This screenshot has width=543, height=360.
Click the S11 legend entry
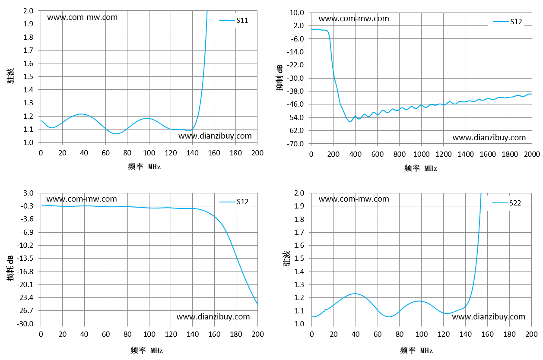[x=234, y=20]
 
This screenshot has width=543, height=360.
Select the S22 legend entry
[x=506, y=203]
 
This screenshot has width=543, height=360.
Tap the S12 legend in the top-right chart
[x=508, y=22]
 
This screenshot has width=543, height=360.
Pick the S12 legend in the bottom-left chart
[x=234, y=202]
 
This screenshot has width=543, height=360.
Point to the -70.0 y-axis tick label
[x=295, y=144]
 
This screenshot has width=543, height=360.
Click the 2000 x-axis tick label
[x=532, y=154]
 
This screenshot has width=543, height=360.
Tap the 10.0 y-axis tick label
[x=297, y=13]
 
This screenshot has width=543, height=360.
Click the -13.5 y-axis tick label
[x=25, y=258]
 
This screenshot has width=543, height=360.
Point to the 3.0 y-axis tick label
[x=29, y=193]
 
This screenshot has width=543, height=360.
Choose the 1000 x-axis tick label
[x=421, y=154]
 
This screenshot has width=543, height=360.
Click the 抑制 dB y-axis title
[x=279, y=78]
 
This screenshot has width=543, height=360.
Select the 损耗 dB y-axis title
[x=10, y=268]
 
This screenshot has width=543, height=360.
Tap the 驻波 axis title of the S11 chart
[x=10, y=76]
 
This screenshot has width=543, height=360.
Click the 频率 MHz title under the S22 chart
[x=416, y=351]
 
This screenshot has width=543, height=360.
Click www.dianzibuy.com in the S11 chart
[x=215, y=136]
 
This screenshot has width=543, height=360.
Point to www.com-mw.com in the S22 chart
[x=354, y=199]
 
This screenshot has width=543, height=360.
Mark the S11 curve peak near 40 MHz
[x=82, y=114]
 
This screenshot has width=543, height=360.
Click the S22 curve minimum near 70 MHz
[x=389, y=317]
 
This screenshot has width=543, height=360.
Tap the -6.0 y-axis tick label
[x=297, y=39]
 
